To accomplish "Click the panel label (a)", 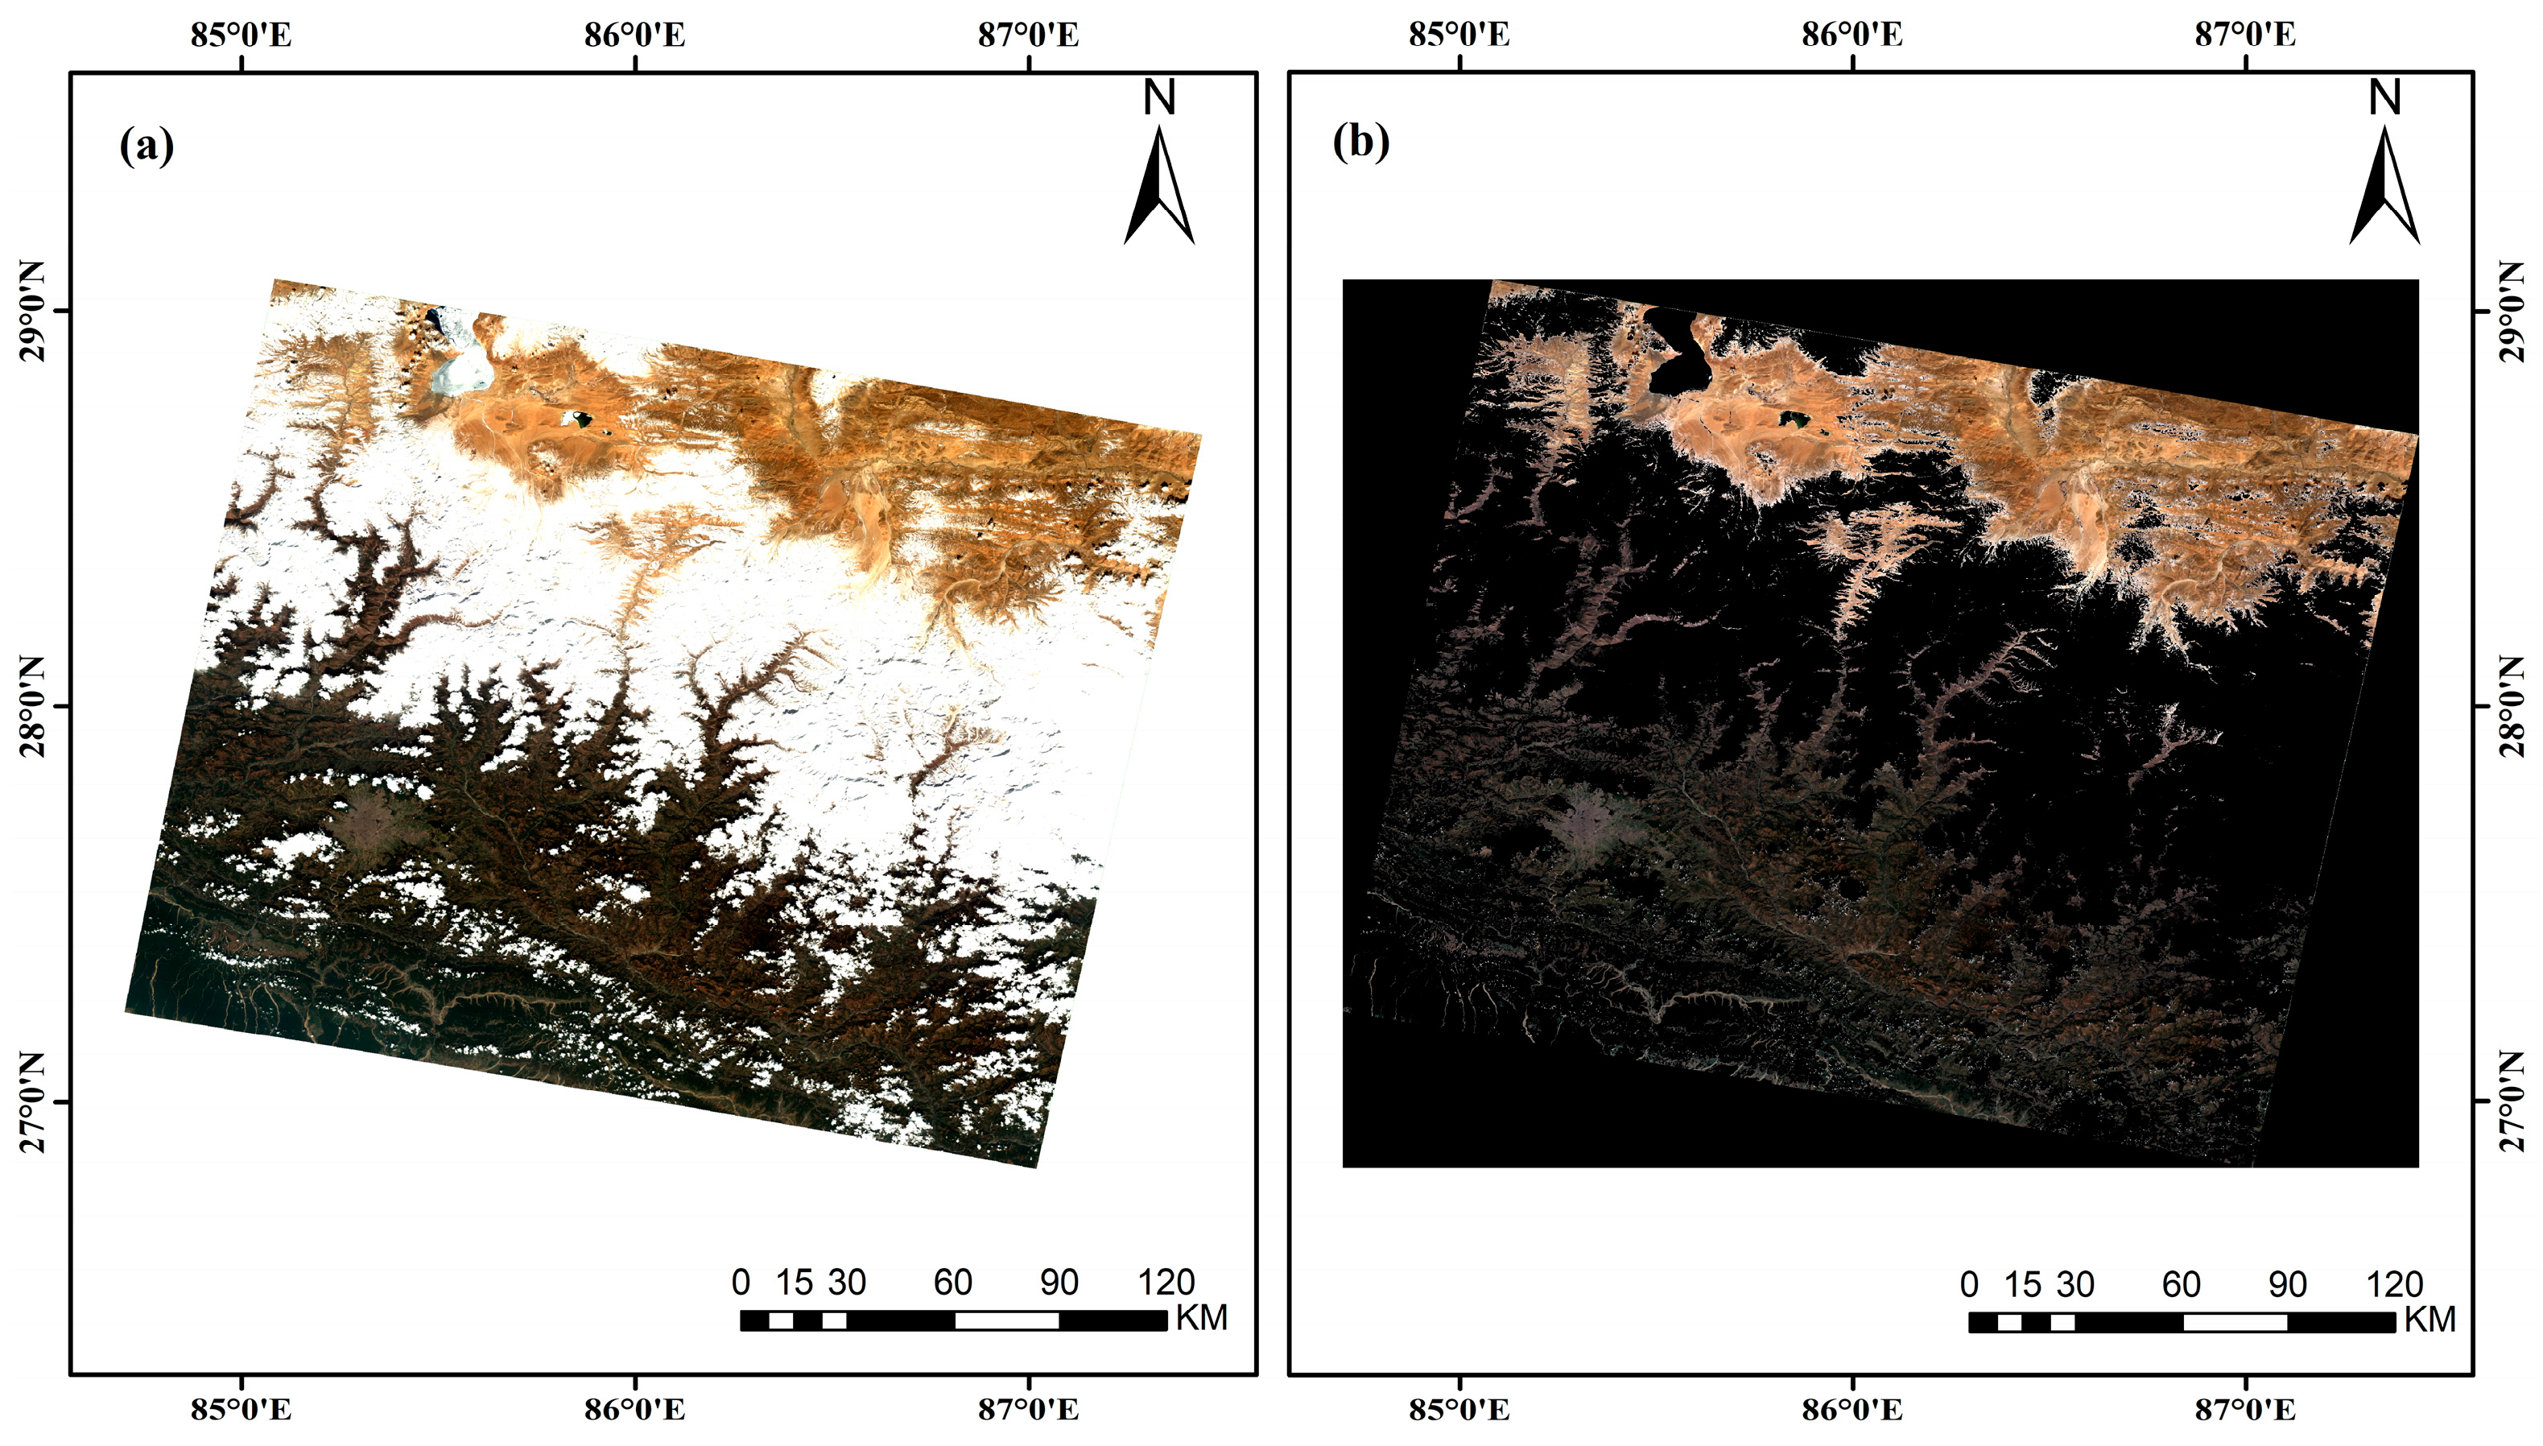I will click(147, 146).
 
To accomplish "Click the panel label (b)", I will click(1360, 142).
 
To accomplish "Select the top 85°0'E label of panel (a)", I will click(242, 35).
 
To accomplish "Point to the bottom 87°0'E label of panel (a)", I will click(1028, 1409).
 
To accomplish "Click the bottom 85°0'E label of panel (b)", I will click(1459, 1409).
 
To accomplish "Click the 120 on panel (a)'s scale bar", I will click(1166, 1282).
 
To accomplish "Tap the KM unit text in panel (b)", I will click(2428, 1320).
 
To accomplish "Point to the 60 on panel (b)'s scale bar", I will click(2182, 1284).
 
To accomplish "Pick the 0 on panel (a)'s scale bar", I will click(741, 1282).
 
